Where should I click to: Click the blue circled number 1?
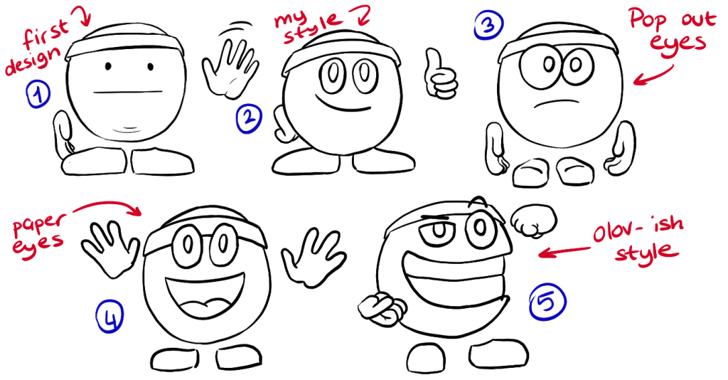(x=38, y=94)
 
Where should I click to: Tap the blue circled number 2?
(x=250, y=119)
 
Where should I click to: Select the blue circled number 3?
(x=488, y=25)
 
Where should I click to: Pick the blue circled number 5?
(x=548, y=302)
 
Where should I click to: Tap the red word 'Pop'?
(x=649, y=21)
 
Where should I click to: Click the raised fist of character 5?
(x=534, y=221)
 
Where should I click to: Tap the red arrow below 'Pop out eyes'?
(x=654, y=76)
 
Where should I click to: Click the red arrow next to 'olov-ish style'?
(x=564, y=251)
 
